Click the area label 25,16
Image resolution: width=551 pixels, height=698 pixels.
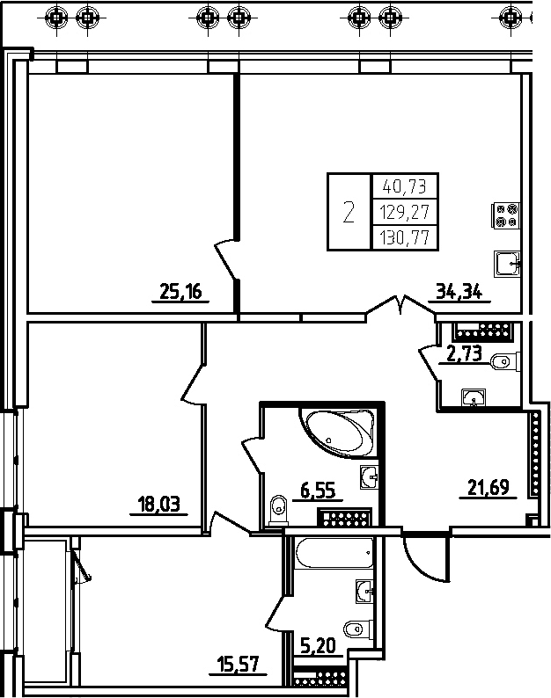(180, 292)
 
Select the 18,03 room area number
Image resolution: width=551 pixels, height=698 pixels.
(158, 505)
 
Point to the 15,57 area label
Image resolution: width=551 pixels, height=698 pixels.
(238, 665)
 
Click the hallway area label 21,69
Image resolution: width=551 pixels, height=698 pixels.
(489, 487)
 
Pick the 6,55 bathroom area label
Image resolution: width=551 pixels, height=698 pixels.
(318, 491)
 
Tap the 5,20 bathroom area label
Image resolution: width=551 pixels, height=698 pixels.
(318, 645)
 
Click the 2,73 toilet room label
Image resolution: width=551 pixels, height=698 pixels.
(465, 354)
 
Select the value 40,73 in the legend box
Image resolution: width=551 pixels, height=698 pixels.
(405, 185)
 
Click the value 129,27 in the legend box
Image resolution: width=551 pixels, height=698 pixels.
(405, 212)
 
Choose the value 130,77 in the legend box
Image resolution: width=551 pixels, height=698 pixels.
(405, 237)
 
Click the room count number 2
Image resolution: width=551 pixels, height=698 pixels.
(349, 212)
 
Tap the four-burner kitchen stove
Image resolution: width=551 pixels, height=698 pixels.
(505, 215)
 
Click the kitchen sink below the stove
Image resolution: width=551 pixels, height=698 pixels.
(507, 264)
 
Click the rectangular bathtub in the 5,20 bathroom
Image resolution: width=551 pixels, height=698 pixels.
(334, 553)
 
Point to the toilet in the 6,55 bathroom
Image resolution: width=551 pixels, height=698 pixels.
(279, 509)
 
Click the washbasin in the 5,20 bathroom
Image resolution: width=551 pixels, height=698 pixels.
(365, 592)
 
